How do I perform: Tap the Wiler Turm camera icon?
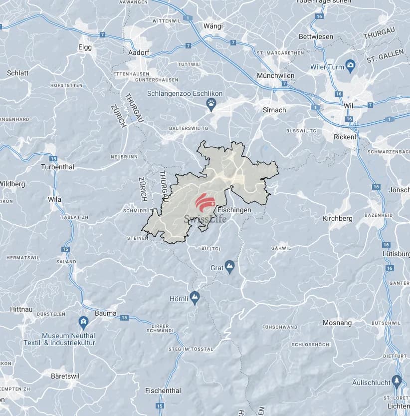351,65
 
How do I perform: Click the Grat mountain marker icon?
229,266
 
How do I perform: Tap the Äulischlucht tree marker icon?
397,382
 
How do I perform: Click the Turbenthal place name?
57,167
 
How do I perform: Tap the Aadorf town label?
139,51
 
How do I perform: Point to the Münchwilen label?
275,75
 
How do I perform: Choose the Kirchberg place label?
338,218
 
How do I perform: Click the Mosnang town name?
337,323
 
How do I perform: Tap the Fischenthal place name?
163,391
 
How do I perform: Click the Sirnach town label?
274,109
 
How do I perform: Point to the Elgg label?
85,47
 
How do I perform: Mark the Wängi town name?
213,25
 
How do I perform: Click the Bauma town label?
106,314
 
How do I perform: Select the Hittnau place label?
21,310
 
